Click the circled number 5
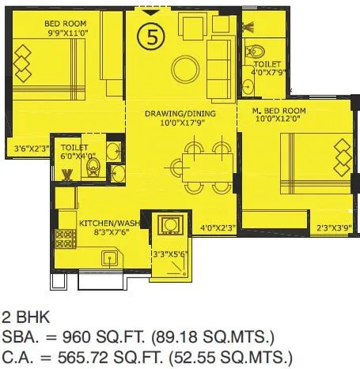click(149, 35)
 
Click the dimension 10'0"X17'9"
click(180, 123)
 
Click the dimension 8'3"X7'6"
click(107, 233)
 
